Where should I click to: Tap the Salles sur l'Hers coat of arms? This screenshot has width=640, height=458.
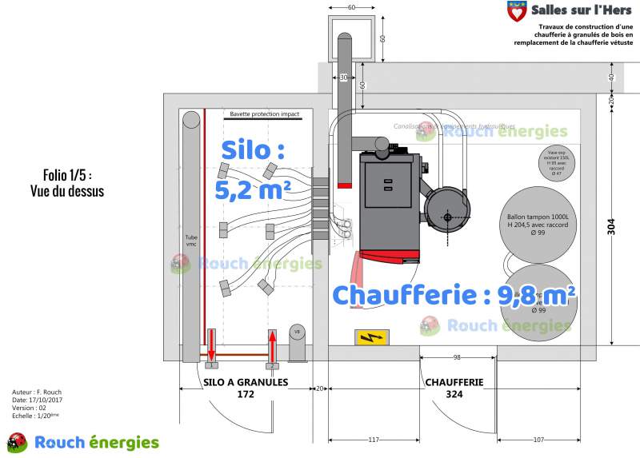518,12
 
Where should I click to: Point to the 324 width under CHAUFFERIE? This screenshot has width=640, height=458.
454,395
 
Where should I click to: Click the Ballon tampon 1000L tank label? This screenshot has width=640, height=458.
538,221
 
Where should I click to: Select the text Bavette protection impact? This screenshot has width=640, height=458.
264,114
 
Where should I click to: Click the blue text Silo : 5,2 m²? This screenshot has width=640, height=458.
252,169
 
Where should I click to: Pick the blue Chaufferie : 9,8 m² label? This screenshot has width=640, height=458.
454,294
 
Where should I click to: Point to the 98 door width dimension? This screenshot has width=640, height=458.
457,356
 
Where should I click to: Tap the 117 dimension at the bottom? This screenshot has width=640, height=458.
373,440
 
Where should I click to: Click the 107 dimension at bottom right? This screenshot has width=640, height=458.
538,440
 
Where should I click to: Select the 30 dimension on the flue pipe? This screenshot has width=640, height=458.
344,78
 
